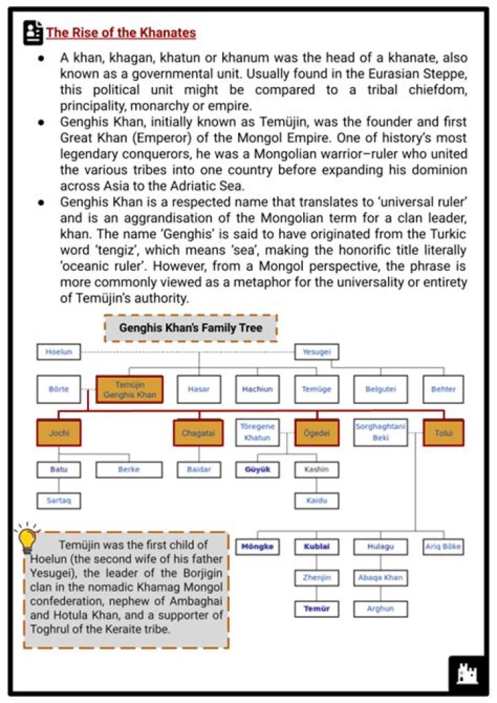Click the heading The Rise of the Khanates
121,32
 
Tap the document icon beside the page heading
32,32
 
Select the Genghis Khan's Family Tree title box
191,328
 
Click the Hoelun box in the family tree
59,352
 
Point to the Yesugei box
317,352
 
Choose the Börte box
59,389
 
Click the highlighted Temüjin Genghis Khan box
130,389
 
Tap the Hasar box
199,389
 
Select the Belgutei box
380,389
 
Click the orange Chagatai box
198,433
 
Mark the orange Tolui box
443,433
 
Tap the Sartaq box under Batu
59,499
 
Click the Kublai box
316,547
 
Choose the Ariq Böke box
443,547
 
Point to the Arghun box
380,609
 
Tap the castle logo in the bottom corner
467,672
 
